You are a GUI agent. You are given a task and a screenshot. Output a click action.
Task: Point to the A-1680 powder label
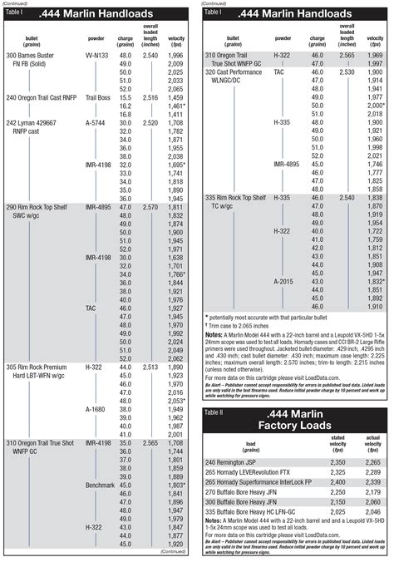96,410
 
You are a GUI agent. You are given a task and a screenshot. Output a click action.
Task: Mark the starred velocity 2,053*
176,401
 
